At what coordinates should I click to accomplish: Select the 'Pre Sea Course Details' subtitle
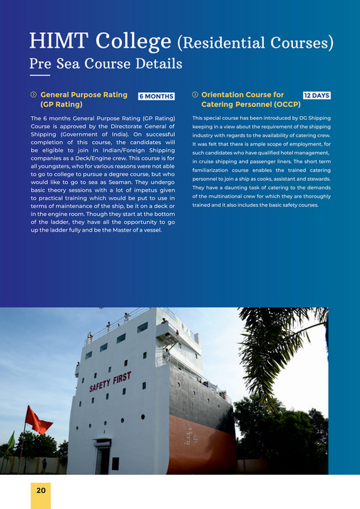point(106,64)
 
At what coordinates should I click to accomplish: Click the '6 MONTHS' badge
point(157,96)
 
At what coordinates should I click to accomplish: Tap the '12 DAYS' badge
point(317,95)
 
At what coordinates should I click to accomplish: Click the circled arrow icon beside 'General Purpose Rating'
point(33,95)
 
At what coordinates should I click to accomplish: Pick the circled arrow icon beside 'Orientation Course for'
point(195,95)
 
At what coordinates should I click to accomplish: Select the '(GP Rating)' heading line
point(62,104)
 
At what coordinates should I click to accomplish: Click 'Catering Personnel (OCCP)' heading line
point(251,104)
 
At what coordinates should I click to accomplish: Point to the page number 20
point(41,490)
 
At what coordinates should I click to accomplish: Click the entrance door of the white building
point(104,456)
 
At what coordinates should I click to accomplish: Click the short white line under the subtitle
point(40,76)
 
